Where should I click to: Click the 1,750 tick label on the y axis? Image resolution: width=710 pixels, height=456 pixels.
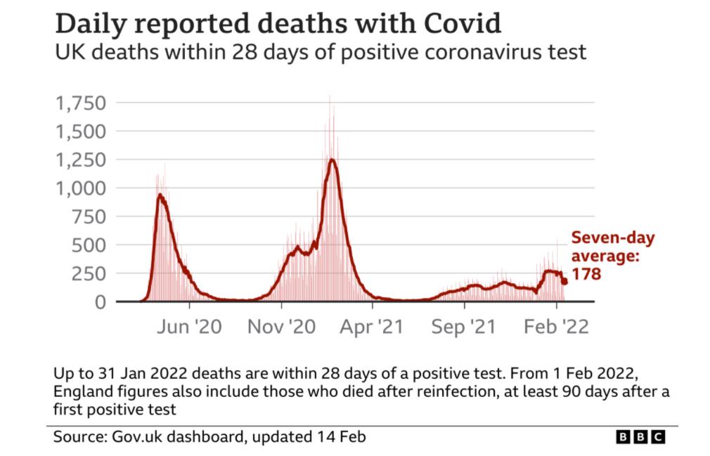(81, 103)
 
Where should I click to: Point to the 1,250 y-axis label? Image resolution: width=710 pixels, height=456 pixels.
(81, 160)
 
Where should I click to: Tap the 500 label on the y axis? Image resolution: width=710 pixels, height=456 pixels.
(89, 245)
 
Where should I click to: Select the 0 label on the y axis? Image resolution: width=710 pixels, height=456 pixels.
(101, 301)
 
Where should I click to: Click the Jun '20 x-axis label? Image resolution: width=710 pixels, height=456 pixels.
(189, 327)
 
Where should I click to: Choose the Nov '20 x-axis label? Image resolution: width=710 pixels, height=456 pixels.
(281, 327)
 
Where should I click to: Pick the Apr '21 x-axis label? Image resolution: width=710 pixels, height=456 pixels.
(372, 327)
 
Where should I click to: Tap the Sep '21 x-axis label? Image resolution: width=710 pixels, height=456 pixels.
(464, 327)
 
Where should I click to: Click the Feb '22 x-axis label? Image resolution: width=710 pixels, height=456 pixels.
(556, 327)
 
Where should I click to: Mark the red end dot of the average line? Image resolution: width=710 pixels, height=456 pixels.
(564, 281)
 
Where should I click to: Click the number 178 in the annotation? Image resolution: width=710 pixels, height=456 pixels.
(586, 274)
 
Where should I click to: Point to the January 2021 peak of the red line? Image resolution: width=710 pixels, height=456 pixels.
(332, 159)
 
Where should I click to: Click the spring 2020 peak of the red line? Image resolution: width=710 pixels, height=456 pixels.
(160, 195)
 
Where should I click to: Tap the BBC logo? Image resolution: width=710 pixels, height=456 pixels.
(640, 436)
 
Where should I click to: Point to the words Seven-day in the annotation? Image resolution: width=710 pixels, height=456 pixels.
(613, 238)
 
